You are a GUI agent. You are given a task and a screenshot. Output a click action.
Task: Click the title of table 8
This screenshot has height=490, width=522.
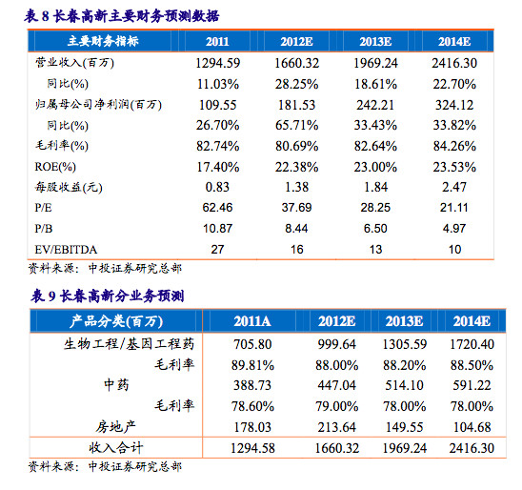point(122,16)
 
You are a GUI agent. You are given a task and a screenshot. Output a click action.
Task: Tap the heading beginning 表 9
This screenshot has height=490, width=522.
point(108,296)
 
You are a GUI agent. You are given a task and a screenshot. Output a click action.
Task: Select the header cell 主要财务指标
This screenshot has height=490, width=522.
point(103,41)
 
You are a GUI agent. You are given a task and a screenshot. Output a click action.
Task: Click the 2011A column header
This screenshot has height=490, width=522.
point(252,321)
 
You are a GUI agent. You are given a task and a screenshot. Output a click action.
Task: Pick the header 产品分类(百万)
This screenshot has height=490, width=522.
point(116,321)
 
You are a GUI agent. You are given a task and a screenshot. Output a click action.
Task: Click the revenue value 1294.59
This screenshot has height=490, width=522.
point(218,63)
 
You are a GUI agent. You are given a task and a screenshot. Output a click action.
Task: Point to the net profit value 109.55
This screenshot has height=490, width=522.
point(218,105)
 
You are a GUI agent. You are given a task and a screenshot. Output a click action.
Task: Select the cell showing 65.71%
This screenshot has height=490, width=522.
point(296,126)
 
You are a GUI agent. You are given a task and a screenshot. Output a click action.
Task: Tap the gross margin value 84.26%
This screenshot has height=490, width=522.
point(454,146)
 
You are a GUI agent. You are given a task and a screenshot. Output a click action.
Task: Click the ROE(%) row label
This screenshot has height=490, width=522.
point(55,167)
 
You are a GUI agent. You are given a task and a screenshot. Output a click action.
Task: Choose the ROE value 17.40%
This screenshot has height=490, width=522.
point(218,167)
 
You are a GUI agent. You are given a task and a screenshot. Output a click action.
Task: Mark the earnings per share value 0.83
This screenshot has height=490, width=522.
point(218,187)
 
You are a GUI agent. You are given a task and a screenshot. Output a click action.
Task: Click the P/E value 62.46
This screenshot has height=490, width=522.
point(218,208)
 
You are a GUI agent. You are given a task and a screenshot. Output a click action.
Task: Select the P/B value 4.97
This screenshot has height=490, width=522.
point(454,229)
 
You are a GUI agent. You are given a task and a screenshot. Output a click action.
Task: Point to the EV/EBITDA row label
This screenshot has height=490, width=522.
point(66,250)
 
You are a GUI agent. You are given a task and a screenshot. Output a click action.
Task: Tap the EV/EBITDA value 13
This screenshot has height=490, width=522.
point(375,250)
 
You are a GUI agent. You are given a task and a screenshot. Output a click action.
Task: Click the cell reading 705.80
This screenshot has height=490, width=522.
point(252,344)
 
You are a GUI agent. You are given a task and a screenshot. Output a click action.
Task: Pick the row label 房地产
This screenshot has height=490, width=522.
point(116,427)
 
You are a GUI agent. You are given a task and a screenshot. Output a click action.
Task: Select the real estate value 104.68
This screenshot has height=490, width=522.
point(472,427)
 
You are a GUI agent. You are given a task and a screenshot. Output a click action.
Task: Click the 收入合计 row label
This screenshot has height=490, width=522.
point(116,448)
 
